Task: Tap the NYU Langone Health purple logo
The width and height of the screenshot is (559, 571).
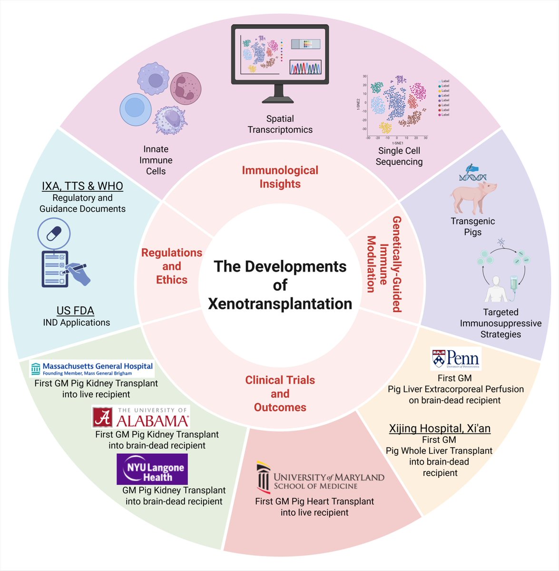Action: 152,469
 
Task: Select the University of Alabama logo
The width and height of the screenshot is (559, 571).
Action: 141,417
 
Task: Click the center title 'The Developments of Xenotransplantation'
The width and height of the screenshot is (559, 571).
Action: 280,285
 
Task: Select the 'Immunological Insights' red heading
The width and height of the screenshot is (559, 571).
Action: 280,177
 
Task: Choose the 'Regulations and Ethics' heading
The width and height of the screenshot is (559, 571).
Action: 172,266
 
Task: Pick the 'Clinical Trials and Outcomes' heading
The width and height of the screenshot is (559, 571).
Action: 280,394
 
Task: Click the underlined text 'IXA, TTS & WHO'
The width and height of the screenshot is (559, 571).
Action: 82,186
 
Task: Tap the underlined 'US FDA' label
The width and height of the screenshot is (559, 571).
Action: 75,311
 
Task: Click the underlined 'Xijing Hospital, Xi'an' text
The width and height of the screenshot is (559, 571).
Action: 440,428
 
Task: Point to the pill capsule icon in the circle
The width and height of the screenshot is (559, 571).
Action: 54,234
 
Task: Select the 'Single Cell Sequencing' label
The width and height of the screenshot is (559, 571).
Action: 399,156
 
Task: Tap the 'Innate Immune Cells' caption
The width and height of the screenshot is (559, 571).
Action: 156,160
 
